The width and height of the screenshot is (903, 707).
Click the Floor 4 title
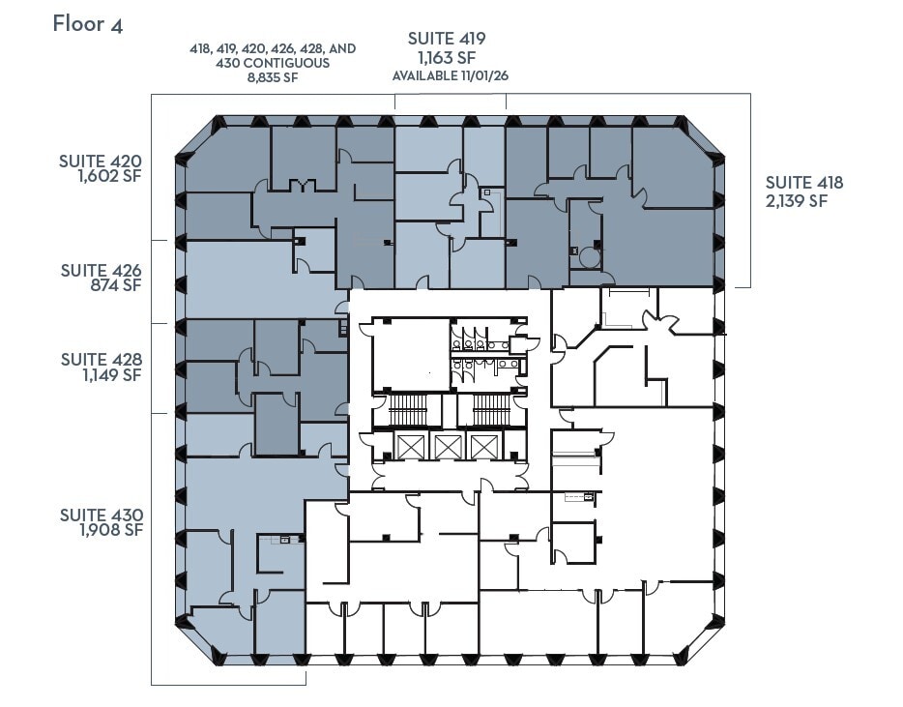tap(88, 24)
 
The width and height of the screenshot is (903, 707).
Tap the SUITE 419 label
tap(446, 39)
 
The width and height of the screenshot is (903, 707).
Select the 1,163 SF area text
tap(446, 57)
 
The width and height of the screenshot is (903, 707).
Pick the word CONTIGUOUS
tap(288, 63)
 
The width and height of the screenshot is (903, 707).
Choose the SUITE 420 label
tap(101, 162)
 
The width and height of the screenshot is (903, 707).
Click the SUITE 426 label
tap(101, 270)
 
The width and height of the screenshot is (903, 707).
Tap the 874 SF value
tap(117, 286)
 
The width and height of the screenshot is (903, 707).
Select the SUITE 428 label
tap(101, 360)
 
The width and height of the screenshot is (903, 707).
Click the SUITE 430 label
tap(101, 515)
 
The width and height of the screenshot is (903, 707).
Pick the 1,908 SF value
tap(109, 530)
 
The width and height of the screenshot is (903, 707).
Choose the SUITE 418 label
tap(804, 183)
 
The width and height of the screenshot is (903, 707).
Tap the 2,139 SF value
tap(796, 201)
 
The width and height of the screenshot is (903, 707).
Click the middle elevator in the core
tap(447, 446)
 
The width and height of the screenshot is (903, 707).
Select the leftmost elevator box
tap(411, 446)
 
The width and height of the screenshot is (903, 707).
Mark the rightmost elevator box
tap(481, 446)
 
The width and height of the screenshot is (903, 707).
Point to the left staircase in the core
tap(407, 409)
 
